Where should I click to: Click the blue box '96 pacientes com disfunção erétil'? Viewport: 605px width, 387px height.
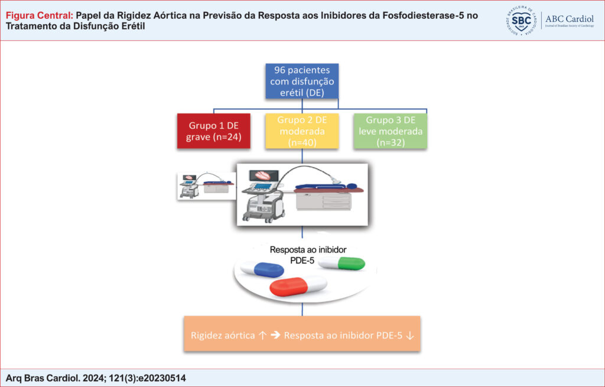click(302, 81)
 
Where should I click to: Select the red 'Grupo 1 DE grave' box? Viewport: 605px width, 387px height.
click(214, 131)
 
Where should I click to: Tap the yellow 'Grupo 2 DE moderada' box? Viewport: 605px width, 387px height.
click(302, 131)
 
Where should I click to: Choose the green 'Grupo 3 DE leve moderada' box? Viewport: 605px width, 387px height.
click(391, 131)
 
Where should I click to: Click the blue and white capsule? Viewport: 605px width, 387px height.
click(262, 269)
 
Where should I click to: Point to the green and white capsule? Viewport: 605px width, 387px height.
click(342, 263)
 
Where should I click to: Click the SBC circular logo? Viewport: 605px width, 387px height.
click(521, 21)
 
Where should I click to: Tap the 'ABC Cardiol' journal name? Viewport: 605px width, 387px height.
click(570, 19)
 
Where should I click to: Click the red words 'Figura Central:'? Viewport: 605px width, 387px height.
click(40, 16)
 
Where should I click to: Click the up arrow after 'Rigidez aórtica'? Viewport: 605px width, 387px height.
click(262, 335)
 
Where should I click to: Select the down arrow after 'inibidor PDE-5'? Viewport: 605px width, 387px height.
click(410, 335)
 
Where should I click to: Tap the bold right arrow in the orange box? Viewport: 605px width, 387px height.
click(275, 335)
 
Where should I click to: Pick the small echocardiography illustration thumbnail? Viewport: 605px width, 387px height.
click(207, 186)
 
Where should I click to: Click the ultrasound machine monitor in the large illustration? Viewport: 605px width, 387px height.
click(264, 175)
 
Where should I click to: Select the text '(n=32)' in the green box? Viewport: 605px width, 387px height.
click(391, 142)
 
